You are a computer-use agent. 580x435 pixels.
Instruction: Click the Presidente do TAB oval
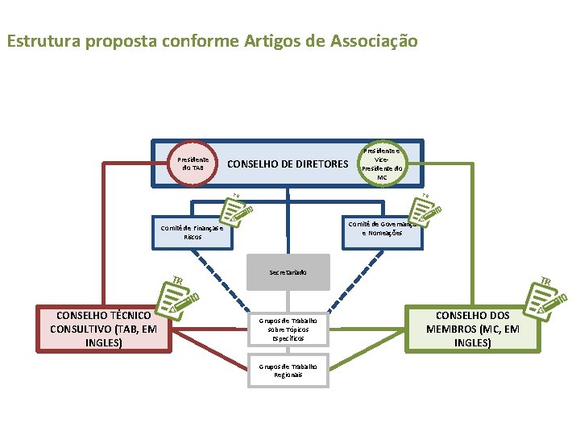(x=193, y=164)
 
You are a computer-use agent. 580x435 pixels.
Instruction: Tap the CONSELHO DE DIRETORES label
(x=288, y=164)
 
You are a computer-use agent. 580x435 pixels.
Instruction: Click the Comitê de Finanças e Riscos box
(x=192, y=233)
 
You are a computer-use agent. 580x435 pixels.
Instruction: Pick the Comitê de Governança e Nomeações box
(x=381, y=228)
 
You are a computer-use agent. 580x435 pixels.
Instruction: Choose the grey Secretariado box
(x=288, y=272)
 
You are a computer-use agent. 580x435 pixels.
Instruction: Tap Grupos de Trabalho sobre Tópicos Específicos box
(x=288, y=328)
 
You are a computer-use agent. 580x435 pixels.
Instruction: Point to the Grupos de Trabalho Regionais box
(x=288, y=371)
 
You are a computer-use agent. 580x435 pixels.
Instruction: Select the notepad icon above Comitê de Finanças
(x=237, y=209)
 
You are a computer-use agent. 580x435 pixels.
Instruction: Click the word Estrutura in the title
(x=39, y=40)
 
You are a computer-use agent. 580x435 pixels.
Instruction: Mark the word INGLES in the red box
(x=104, y=342)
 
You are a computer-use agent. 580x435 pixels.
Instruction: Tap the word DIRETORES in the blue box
(x=316, y=164)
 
